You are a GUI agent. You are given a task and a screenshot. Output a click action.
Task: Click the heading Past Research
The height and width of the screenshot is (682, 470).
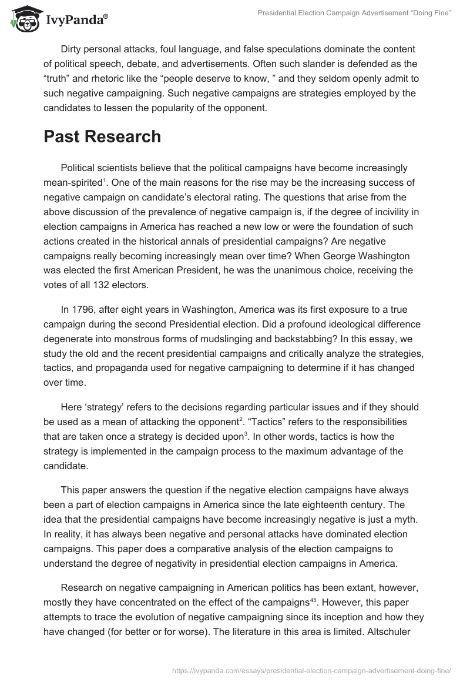tap(102, 136)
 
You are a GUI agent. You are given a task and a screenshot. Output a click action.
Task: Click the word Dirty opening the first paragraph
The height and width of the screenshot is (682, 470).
tap(73, 48)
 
